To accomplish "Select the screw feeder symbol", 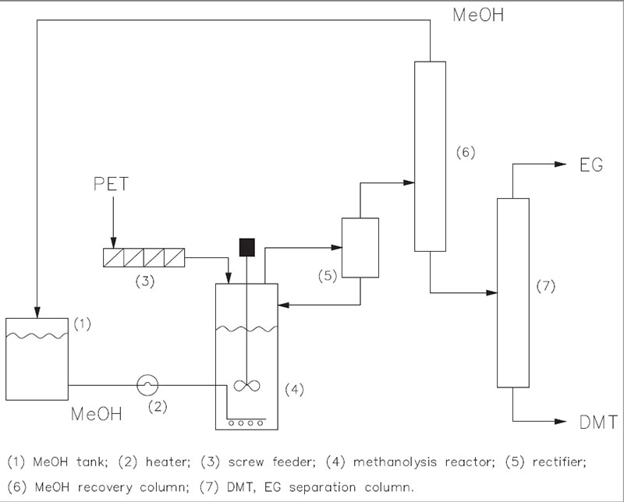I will click(x=145, y=256).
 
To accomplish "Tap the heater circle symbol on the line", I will click(x=147, y=384).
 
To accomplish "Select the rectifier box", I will click(x=360, y=248).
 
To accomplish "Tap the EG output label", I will click(x=591, y=165).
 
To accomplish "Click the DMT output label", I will click(x=598, y=422).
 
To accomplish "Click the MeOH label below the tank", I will click(x=95, y=413).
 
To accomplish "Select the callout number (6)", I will click(x=465, y=150).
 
